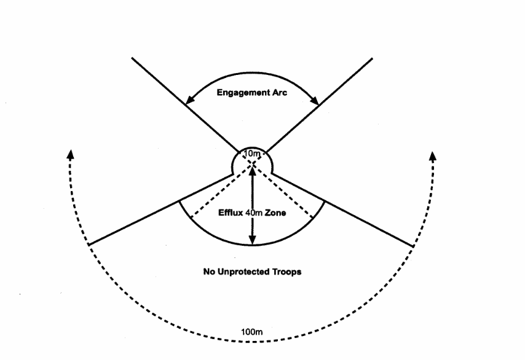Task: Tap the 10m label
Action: pos(252,154)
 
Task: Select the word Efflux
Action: pos(231,213)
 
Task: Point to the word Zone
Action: pos(275,213)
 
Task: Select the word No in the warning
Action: pos(209,272)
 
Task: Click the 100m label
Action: pos(252,332)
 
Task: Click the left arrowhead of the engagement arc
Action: pos(190,100)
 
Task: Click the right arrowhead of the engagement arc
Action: pos(314,100)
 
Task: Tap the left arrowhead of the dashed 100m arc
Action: pos(70,154)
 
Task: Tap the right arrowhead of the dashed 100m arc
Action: pos(433,156)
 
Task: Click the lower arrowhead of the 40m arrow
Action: pos(253,240)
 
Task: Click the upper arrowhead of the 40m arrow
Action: pos(253,171)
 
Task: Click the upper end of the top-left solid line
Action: pos(132,58)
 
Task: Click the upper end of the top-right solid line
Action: pos(373,58)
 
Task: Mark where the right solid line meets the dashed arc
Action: pos(414,246)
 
